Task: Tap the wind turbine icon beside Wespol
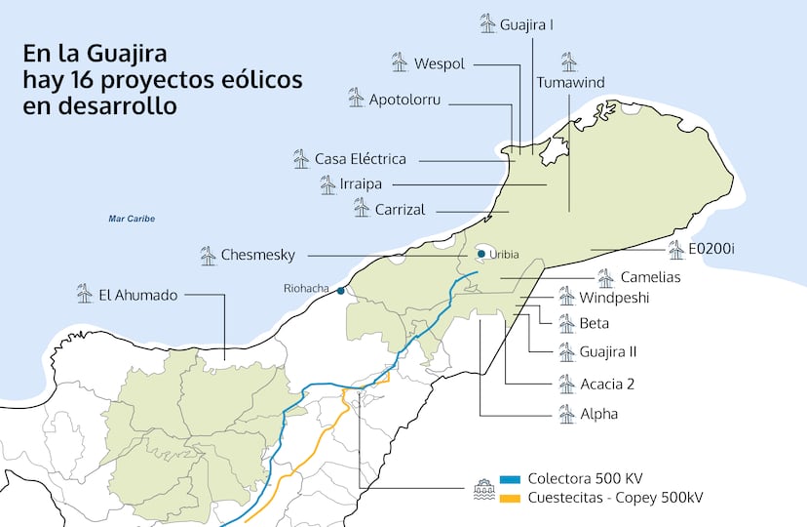pos(399,62)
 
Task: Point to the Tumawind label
pos(570,83)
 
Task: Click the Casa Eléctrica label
pos(360,158)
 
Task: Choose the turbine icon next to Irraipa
pos(327,183)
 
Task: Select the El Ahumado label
pos(138,293)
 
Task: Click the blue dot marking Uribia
pos(481,255)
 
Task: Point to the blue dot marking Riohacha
pos(340,290)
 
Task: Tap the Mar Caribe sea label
pos(132,219)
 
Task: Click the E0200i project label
pos(711,249)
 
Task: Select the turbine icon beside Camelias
pos(605,277)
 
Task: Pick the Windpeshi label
pos(613,297)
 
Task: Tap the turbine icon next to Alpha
pos(566,414)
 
